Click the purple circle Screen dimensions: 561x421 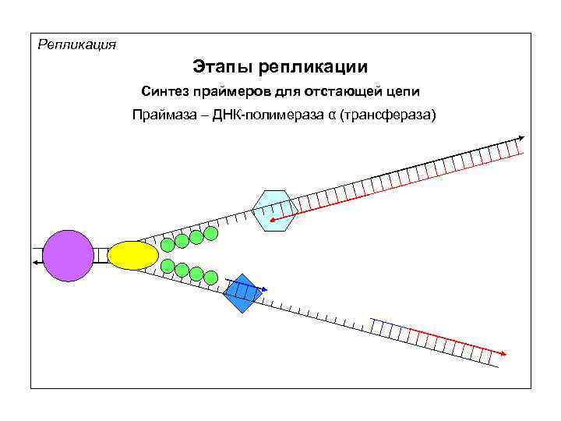[x=68, y=256]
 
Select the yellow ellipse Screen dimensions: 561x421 [x=132, y=255]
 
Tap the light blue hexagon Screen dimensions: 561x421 [x=276, y=210]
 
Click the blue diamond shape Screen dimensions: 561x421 [x=242, y=293]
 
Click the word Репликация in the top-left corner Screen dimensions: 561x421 [x=77, y=44]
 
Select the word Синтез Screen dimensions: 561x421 [x=165, y=92]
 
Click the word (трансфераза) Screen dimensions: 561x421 [x=386, y=116]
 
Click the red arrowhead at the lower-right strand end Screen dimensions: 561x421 [x=503, y=353]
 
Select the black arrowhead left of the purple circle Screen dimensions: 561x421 [x=37, y=264]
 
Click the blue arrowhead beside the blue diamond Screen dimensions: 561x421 [x=263, y=290]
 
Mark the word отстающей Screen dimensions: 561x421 [x=335, y=92]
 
